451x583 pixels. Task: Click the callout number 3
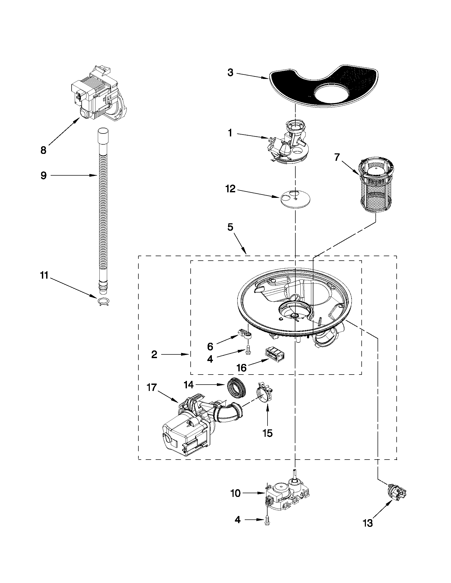(x=230, y=73)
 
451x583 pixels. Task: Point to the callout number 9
(x=43, y=176)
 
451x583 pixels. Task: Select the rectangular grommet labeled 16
(x=274, y=354)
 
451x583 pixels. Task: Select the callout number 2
(x=154, y=354)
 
